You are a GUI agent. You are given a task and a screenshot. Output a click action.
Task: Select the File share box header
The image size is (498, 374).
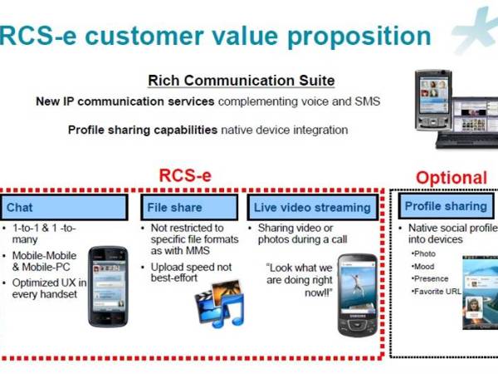pos(189,206)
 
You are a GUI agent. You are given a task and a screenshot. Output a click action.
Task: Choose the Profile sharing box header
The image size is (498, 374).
pos(445,206)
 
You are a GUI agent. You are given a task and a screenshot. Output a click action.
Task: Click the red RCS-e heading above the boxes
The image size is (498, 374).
pos(192,175)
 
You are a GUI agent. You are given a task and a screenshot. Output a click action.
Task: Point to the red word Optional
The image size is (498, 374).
pos(451,178)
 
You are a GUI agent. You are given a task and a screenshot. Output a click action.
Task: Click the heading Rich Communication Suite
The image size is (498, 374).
pos(241,80)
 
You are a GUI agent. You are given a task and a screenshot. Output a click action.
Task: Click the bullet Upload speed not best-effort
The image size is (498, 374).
pos(189,273)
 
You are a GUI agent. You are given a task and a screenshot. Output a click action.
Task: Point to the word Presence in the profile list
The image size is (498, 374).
pos(432,278)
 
